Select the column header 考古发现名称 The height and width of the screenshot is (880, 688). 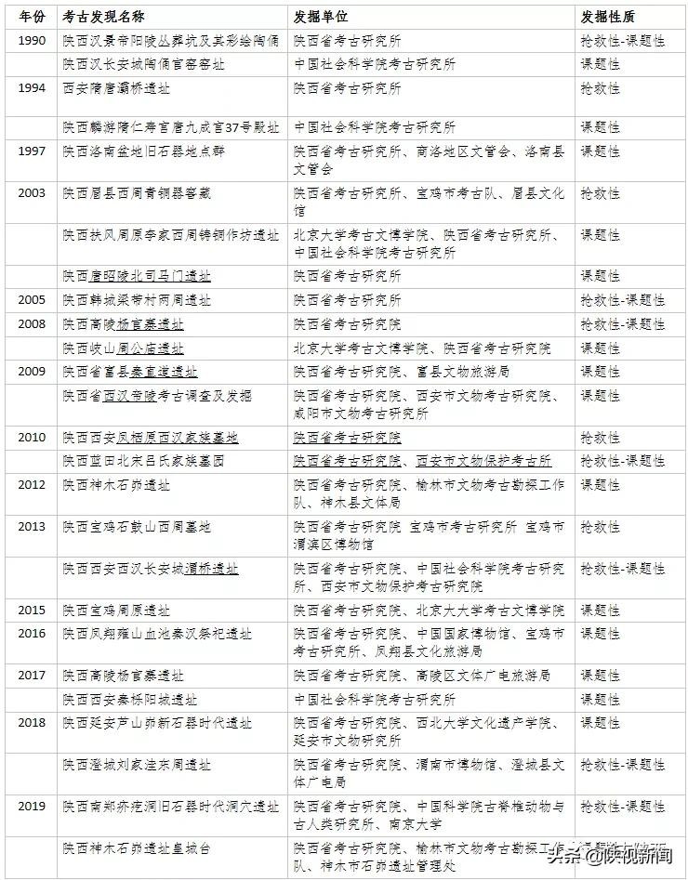[104, 17]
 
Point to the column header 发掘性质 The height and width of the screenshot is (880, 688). [609, 17]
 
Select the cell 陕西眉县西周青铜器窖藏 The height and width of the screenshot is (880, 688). [137, 193]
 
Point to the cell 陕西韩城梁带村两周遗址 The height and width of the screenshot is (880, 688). [137, 300]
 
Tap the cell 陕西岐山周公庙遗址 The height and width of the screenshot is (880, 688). [123, 348]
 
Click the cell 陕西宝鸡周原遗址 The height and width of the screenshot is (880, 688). [116, 611]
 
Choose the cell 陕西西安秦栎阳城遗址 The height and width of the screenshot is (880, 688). [130, 699]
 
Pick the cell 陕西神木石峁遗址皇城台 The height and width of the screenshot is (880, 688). [137, 848]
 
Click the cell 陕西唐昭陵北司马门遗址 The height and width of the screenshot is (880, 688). [137, 276]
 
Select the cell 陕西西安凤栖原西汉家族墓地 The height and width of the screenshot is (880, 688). [150, 438]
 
